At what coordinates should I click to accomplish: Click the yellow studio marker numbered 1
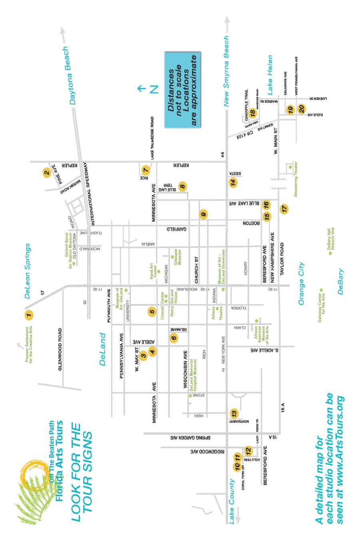(28, 315)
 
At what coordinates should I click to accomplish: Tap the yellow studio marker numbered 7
(146, 169)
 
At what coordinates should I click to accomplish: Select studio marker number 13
(234, 413)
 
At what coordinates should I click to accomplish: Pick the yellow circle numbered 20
(302, 109)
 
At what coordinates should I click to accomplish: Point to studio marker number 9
(204, 214)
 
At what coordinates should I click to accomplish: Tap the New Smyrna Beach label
(226, 71)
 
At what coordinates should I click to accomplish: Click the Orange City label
(301, 283)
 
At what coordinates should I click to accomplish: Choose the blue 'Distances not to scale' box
(182, 90)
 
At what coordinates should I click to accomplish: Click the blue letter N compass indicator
(154, 89)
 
